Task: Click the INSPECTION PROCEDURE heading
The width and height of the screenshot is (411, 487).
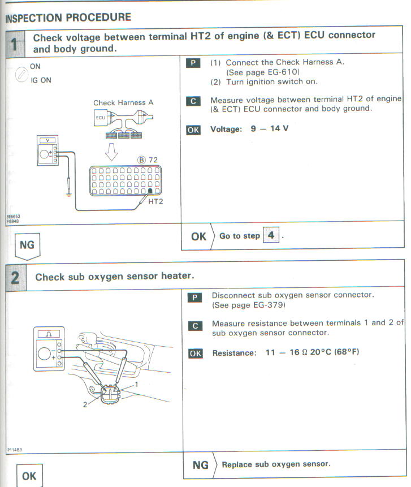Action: point(68,18)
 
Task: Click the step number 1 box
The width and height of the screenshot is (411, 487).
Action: point(15,43)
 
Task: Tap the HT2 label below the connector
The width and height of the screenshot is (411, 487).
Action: point(155,201)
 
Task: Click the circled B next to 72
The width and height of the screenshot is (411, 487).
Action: point(141,161)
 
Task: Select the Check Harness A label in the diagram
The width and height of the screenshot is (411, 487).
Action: point(123,103)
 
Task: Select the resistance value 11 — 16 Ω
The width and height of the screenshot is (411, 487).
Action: point(287,352)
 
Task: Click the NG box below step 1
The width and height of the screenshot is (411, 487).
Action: point(26,245)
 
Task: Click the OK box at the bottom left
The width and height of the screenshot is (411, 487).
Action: point(29,476)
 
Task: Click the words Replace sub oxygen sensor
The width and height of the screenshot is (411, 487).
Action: point(276,464)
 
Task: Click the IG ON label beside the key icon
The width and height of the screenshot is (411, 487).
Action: point(41,80)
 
